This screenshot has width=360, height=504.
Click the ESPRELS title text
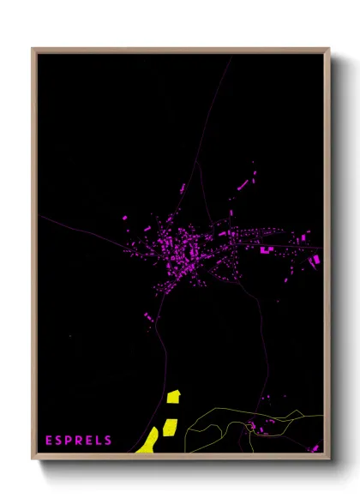[x=79, y=441]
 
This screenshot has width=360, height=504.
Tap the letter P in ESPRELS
[x=69, y=441]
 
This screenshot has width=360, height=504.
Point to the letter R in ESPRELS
[x=79, y=441]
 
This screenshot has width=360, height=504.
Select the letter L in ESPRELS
[x=99, y=441]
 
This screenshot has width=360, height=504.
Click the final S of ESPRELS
[x=108, y=441]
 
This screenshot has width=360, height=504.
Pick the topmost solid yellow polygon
[x=174, y=396]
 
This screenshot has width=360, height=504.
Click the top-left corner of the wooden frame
[x=33, y=50]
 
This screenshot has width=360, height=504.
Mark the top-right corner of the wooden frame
[x=328, y=50]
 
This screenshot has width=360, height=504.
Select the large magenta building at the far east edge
[x=315, y=258]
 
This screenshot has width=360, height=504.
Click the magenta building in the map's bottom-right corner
[x=315, y=447]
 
